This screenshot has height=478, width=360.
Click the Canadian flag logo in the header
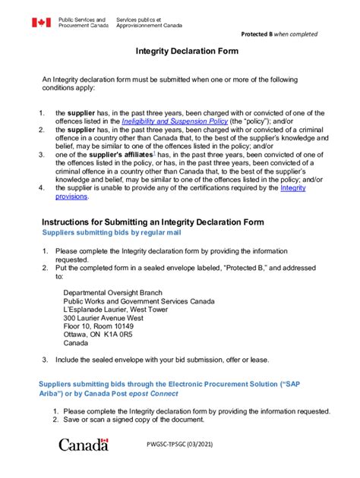(40, 23)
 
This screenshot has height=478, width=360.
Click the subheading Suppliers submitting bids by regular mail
(112, 233)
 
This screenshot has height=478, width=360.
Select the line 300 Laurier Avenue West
(104, 318)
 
